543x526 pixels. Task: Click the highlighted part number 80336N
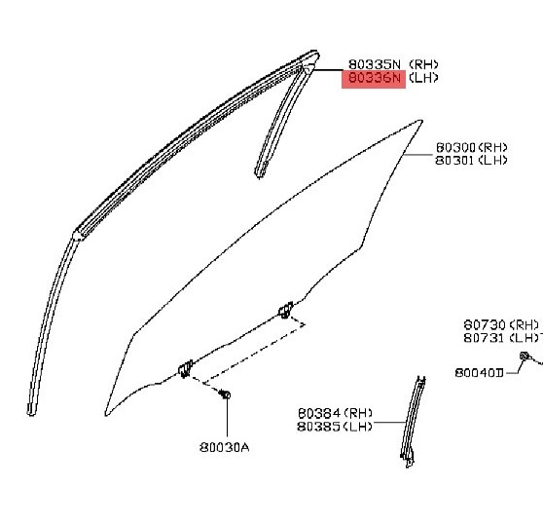point(375,78)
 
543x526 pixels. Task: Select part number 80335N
point(375,64)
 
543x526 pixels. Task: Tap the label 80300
point(456,148)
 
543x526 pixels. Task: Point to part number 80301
point(455,160)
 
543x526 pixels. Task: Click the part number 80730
point(485,325)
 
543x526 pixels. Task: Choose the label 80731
point(485,338)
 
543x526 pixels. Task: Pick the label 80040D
point(479,373)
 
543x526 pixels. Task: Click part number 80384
point(318,413)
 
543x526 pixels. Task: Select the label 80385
point(318,426)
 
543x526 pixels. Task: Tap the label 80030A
point(225,448)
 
